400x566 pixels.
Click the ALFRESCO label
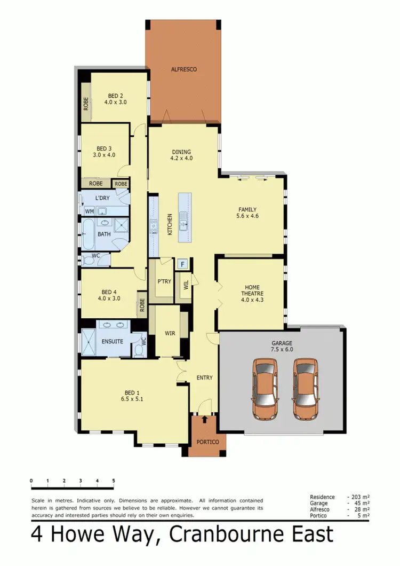[184, 69]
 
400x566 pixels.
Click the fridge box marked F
[183, 263]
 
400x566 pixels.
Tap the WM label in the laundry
[89, 211]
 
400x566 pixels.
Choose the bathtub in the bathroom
[87, 235]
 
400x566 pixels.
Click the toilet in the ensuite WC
[139, 349]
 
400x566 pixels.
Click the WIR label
[170, 333]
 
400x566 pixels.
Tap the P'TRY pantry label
[164, 282]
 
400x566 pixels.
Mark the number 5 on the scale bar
[114, 481]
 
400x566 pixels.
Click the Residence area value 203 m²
[359, 497]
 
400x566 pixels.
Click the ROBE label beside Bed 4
[142, 304]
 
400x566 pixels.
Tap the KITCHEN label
[170, 224]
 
